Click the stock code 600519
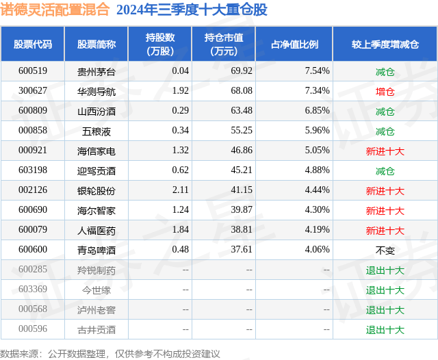point(33,71)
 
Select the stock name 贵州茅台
point(96,71)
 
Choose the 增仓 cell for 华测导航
point(385,91)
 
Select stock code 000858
point(33,131)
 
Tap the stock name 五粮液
point(96,131)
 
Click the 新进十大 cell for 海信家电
point(385,151)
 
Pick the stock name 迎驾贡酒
point(96,170)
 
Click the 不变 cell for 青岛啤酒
point(385,250)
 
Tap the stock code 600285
point(33,270)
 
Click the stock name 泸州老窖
point(96,309)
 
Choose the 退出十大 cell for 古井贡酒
point(385,329)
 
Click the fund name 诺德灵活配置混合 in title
point(55,10)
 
